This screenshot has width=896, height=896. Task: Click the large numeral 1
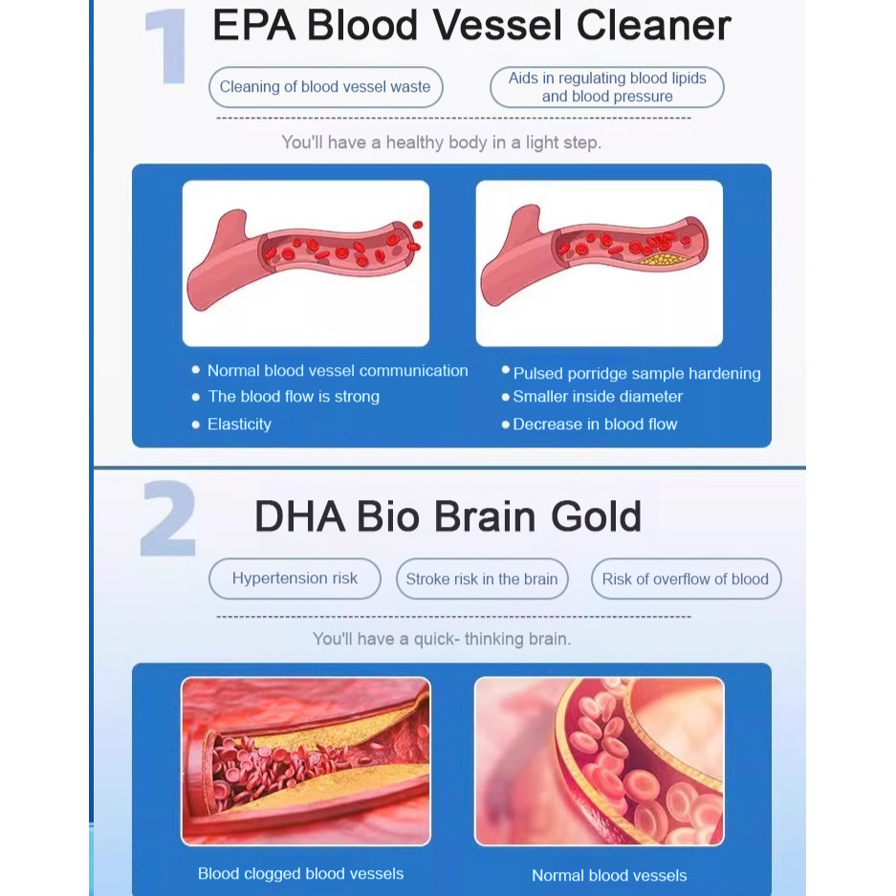point(168,47)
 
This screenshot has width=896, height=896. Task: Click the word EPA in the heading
point(253,26)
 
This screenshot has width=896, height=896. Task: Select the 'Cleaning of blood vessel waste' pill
point(326,87)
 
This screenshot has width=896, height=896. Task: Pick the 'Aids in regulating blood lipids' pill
point(607,87)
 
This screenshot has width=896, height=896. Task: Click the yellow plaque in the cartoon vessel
point(663,259)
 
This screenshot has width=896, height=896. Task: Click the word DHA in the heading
point(299,516)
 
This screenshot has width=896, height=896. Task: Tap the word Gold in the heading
point(596,516)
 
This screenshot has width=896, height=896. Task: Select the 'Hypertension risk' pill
point(295,579)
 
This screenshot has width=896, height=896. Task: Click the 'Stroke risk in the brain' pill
point(482,579)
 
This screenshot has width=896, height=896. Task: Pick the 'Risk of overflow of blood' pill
point(686,579)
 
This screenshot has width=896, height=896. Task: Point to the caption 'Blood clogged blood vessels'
point(300,874)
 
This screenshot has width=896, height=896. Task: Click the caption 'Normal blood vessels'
point(609,875)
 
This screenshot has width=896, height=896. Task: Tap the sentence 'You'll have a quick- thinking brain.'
point(442,639)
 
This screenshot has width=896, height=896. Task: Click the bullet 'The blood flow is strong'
point(294,397)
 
